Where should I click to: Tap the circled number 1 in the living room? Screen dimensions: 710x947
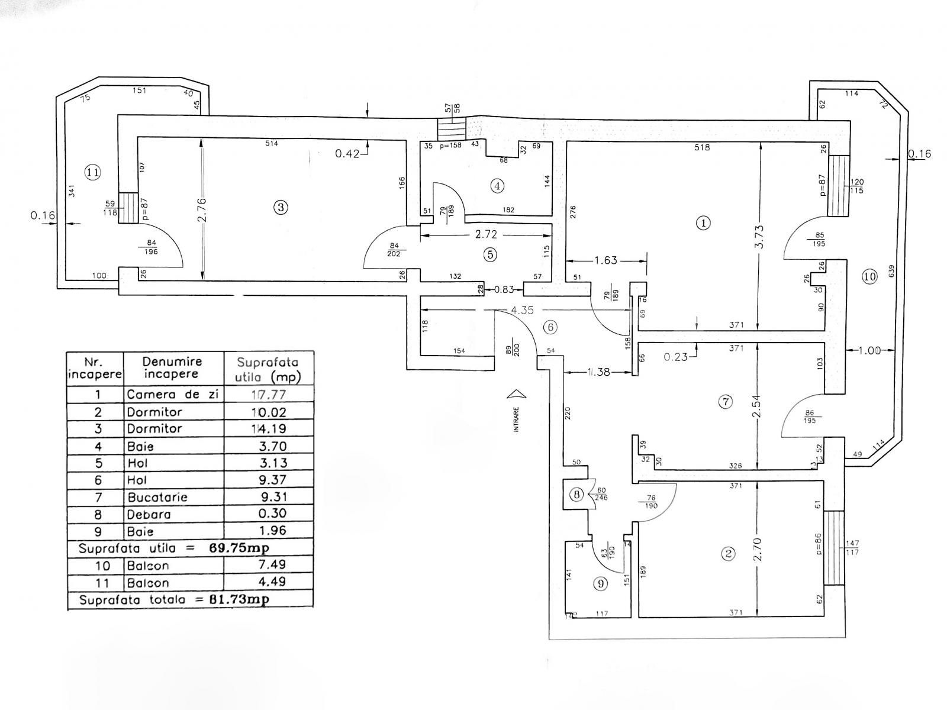pos(703,223)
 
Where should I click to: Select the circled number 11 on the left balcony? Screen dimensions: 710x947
pos(92,172)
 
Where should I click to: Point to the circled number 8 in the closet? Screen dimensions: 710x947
pos(576,495)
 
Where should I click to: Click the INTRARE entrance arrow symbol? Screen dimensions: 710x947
pos(517,394)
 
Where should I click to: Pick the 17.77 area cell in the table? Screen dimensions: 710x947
pos(269,395)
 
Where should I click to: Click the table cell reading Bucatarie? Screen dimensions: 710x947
pos(157,497)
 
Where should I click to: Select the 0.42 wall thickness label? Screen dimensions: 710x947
pos(347,154)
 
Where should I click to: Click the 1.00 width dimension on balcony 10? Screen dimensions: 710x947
pos(869,350)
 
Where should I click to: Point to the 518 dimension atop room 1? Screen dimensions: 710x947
pos(702,147)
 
